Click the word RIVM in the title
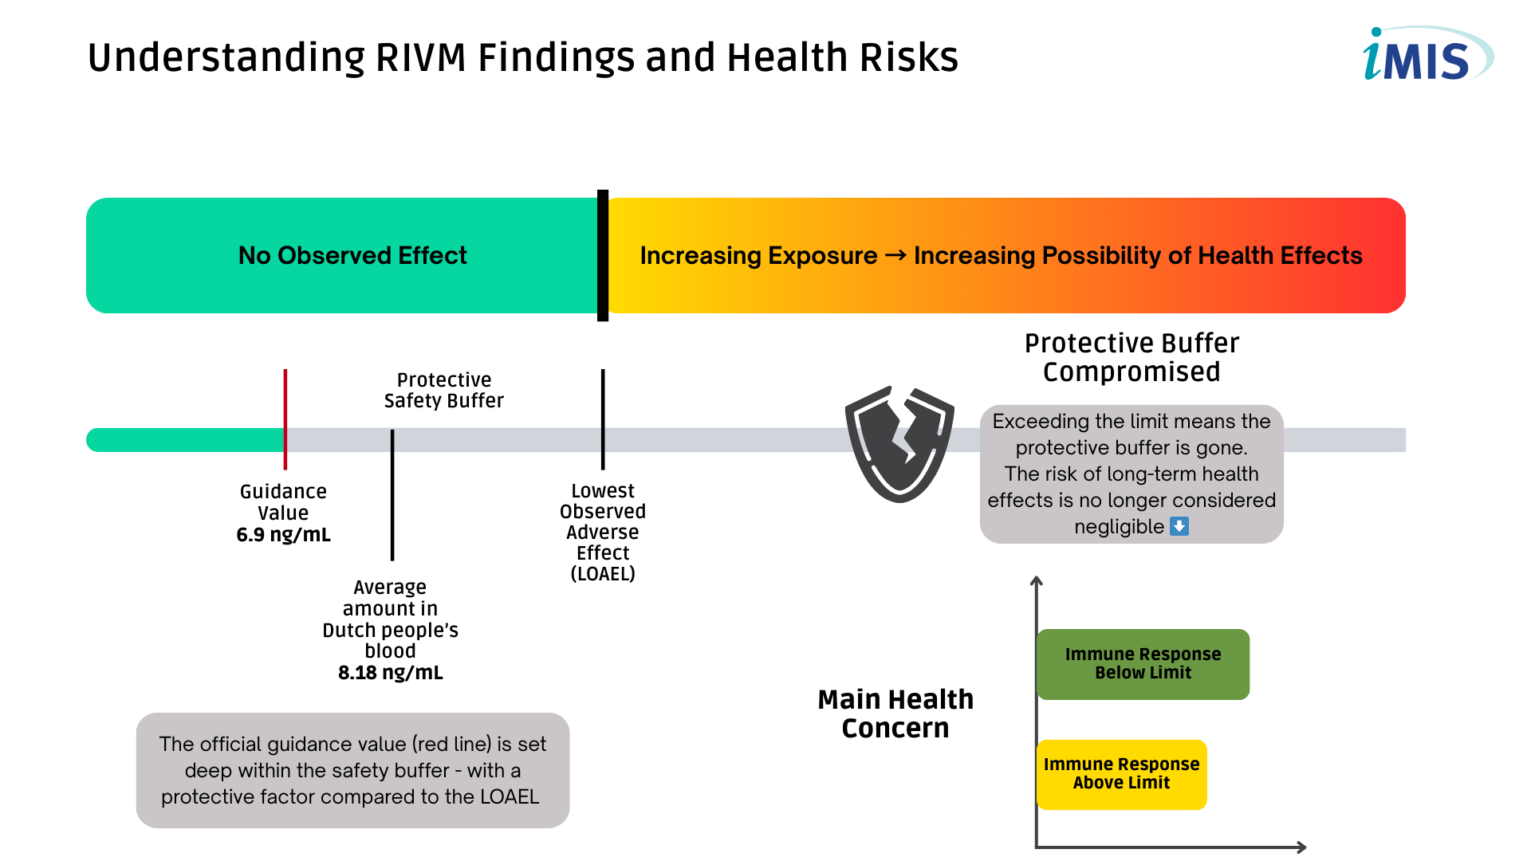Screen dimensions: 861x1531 tap(420, 57)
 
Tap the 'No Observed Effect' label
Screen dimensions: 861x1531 tap(352, 255)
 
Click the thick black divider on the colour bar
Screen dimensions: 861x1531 tap(603, 255)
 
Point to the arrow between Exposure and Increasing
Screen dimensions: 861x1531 tap(895, 255)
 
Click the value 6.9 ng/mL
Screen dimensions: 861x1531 tap(283, 535)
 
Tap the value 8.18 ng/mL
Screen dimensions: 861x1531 tap(390, 673)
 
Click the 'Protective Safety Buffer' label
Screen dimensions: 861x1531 tap(444, 390)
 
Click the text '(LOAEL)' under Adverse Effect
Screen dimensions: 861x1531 tap(603, 574)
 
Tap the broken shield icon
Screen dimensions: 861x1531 tap(899, 444)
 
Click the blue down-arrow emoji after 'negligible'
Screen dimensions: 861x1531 tap(1179, 526)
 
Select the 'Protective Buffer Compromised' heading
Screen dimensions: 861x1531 tap(1132, 357)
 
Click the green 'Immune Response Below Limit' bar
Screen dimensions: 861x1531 tap(1143, 663)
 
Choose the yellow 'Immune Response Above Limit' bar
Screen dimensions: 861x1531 tap(1121, 774)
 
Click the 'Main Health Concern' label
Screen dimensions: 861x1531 tap(895, 714)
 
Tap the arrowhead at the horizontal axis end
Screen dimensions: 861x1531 tap(1301, 847)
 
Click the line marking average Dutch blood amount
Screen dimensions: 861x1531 tap(392, 494)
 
